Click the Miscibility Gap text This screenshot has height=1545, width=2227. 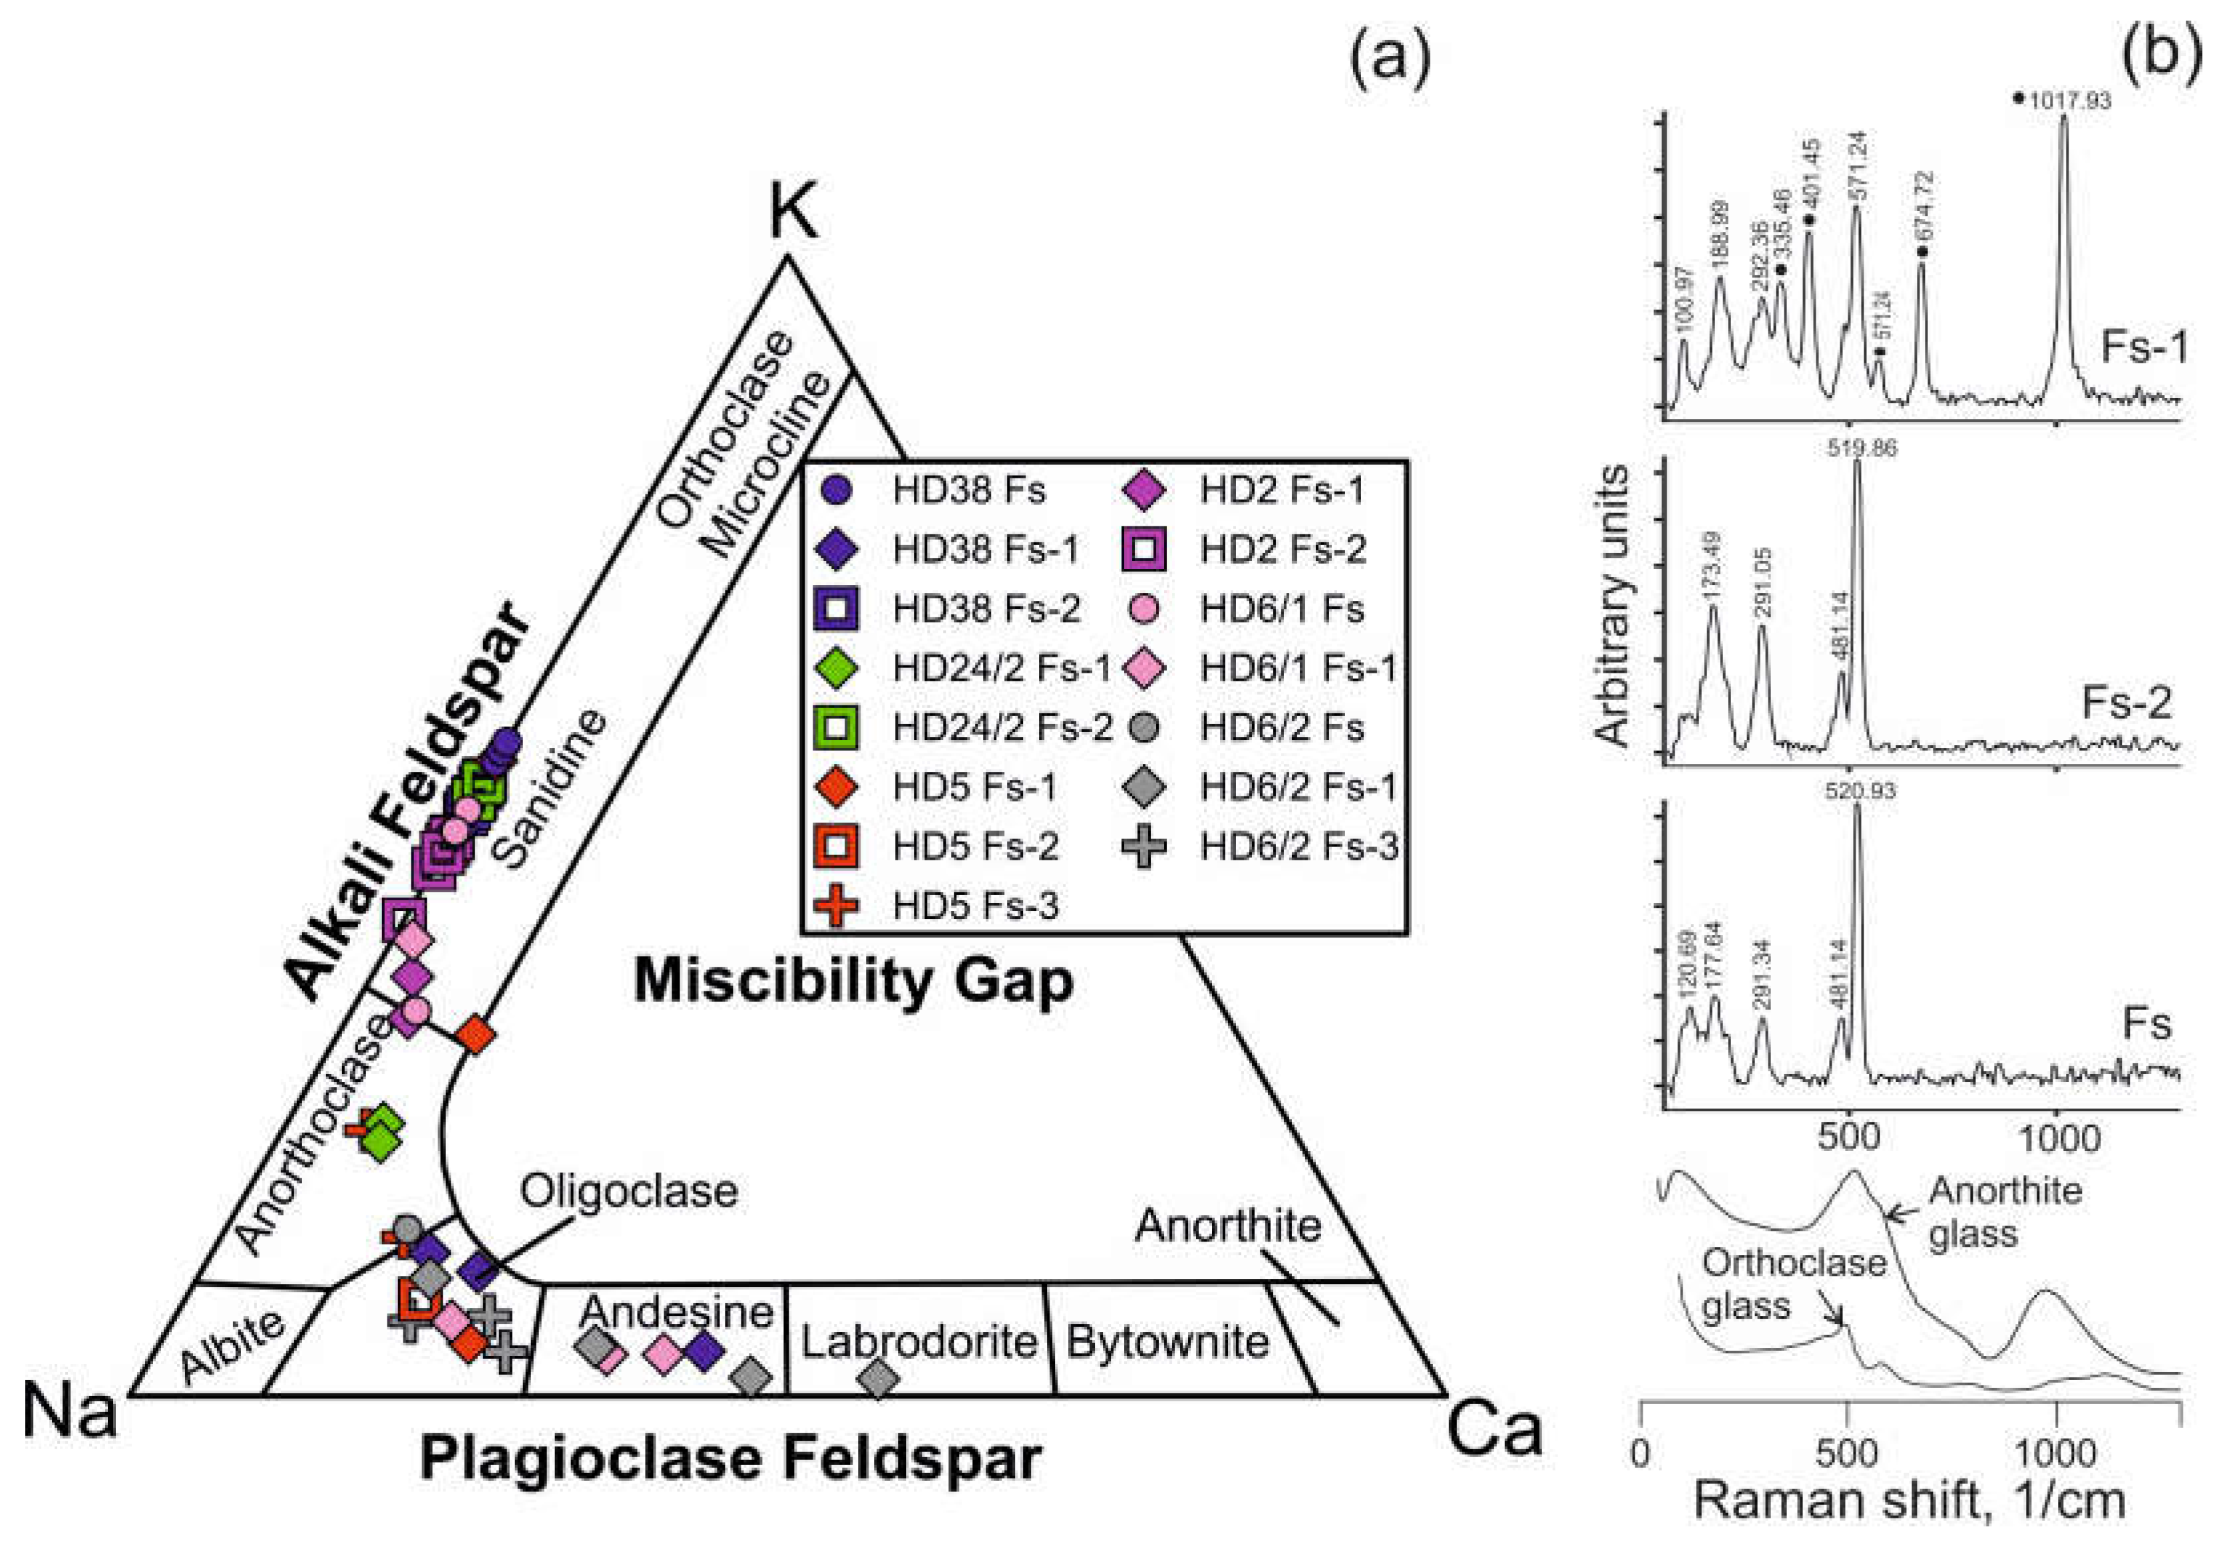pyautogui.click(x=853, y=981)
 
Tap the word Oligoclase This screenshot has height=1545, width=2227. pyautogui.click(x=628, y=1192)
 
